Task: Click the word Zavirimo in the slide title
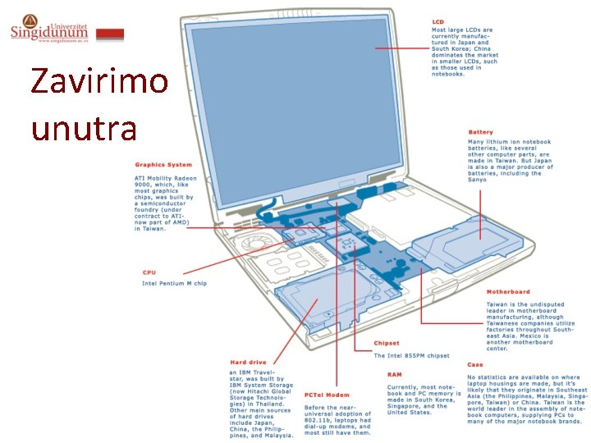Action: click(x=98, y=82)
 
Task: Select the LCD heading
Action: click(x=439, y=21)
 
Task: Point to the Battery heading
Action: click(x=480, y=132)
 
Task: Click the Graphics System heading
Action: click(x=163, y=165)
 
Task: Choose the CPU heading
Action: click(x=149, y=272)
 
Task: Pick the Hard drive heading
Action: click(x=248, y=362)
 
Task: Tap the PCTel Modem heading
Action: click(x=326, y=395)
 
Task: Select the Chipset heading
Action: click(x=386, y=344)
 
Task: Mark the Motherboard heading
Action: click(x=507, y=291)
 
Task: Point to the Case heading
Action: click(x=474, y=364)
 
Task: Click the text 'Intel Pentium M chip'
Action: click(x=174, y=283)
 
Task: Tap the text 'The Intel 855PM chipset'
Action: click(x=411, y=355)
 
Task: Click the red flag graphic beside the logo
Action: click(x=110, y=34)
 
